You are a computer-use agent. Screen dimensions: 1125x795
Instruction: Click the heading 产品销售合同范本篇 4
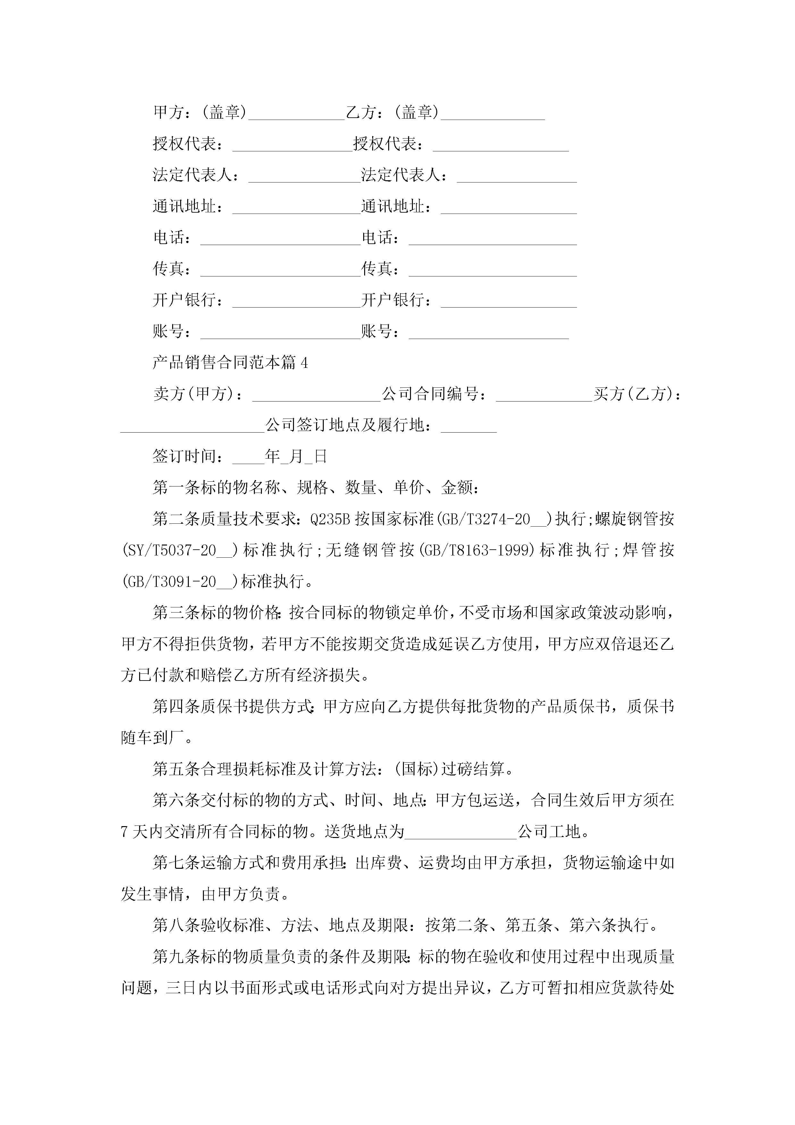230,363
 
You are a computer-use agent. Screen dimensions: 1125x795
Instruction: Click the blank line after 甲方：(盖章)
296,114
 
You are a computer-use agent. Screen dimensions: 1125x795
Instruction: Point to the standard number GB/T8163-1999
478,550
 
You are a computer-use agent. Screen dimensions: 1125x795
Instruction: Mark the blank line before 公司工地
460,832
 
